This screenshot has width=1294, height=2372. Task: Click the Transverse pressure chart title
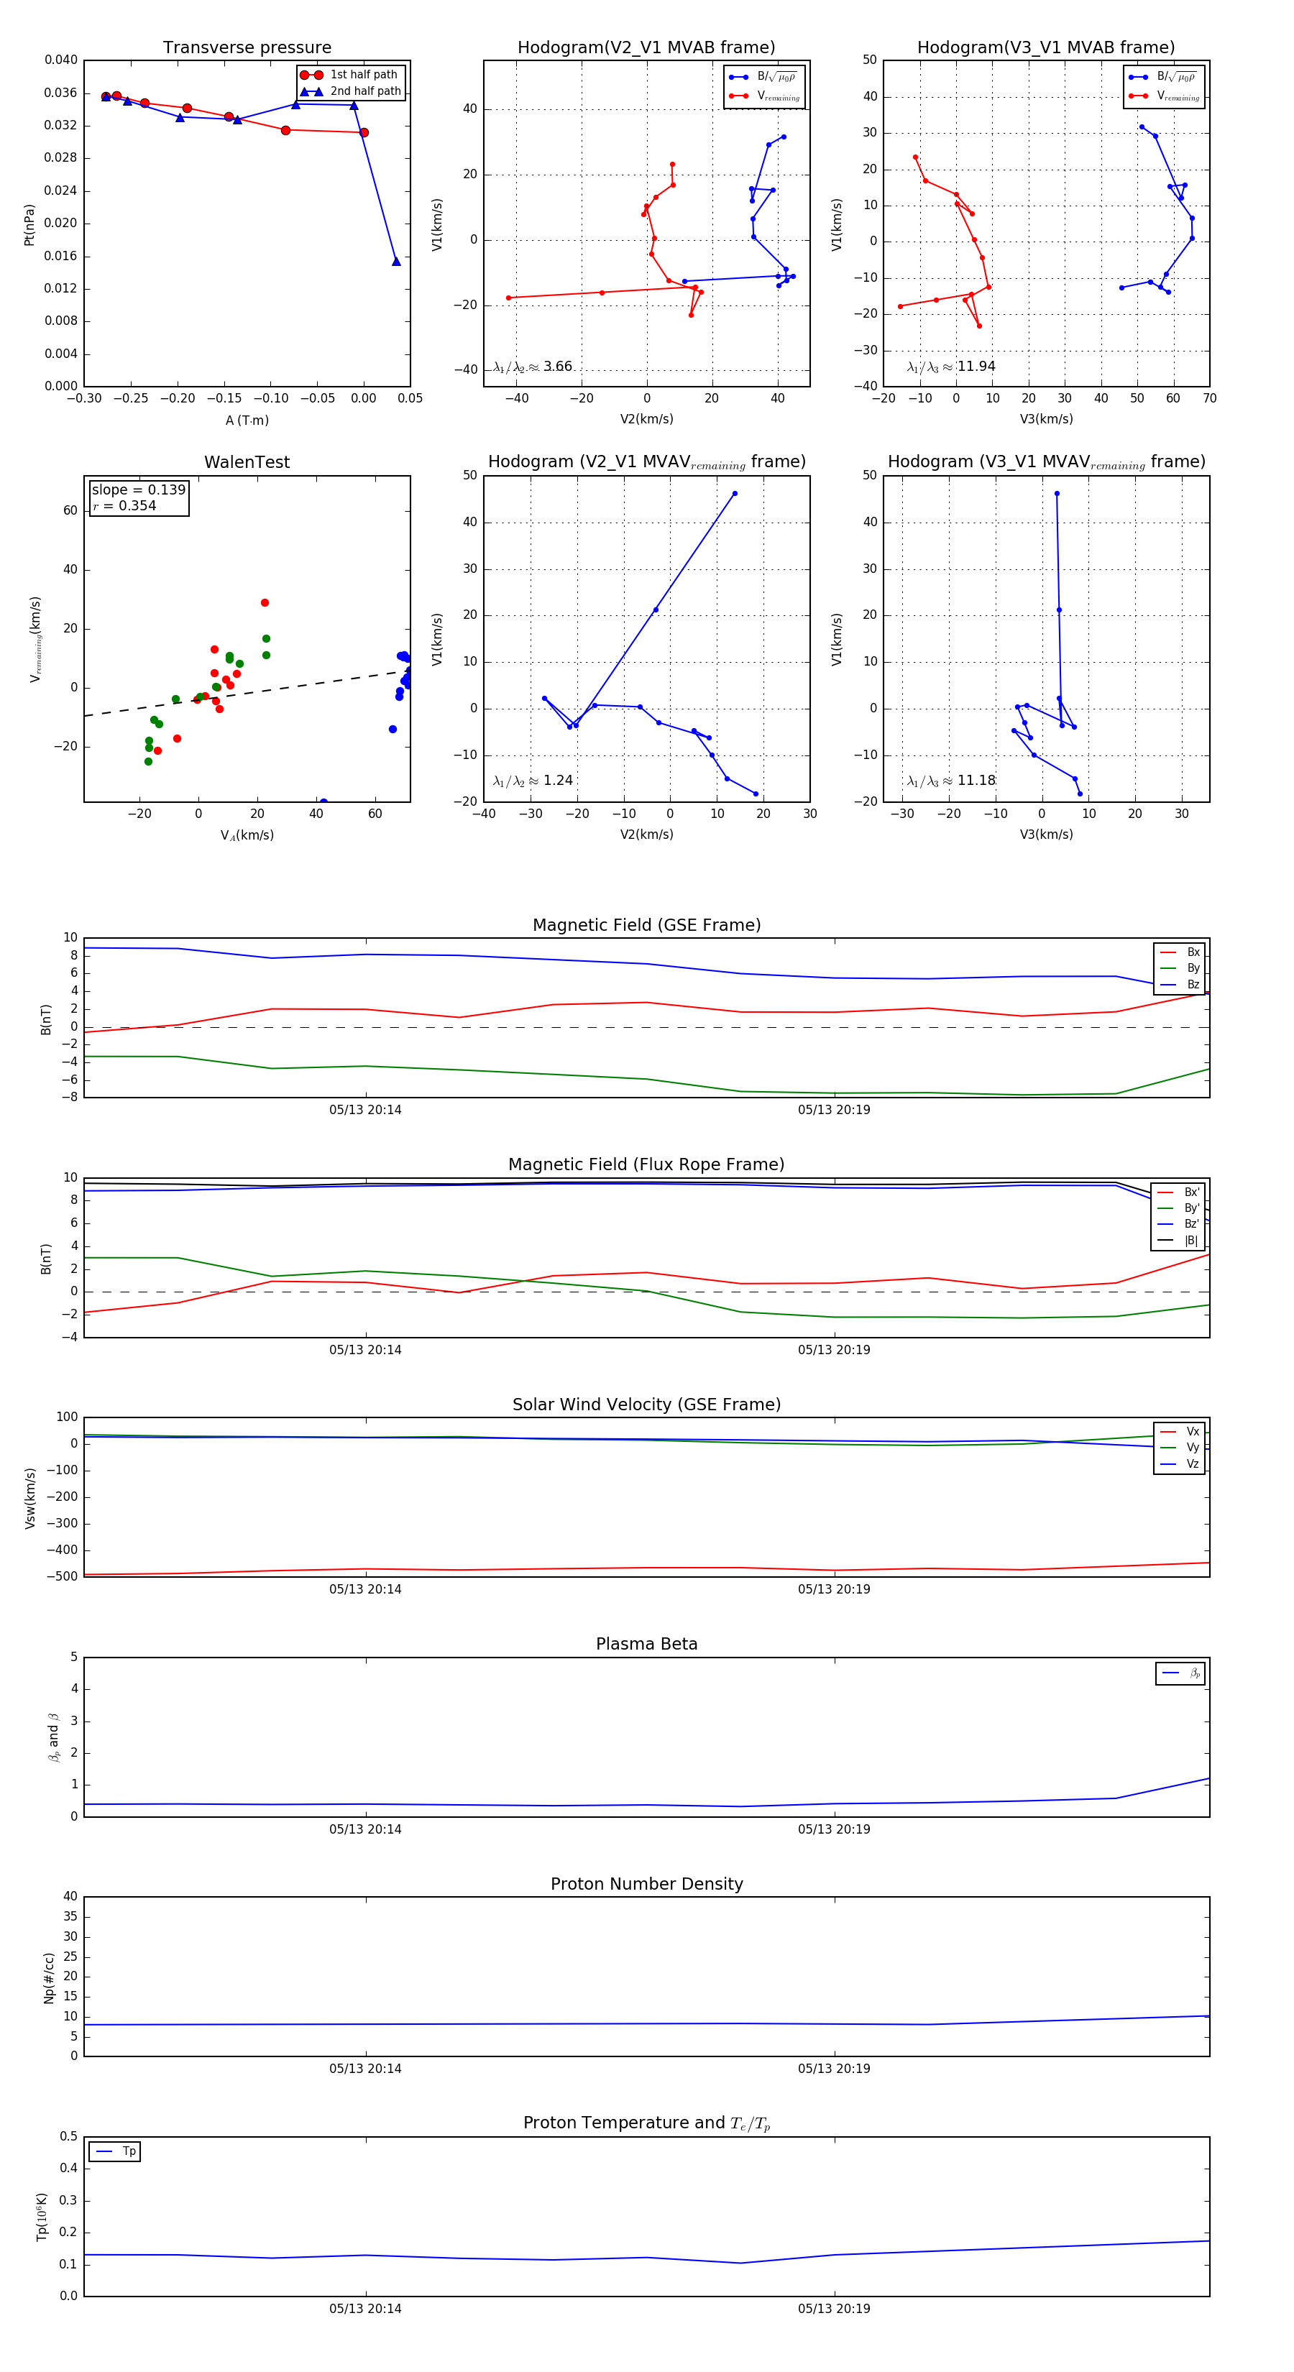point(247,48)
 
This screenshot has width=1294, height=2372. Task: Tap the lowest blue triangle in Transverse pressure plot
point(396,262)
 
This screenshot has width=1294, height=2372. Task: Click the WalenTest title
point(247,462)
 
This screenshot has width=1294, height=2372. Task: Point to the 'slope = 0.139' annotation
point(138,490)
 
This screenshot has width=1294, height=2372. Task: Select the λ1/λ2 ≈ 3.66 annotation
point(532,367)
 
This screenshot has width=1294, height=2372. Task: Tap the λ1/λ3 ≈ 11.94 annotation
point(950,367)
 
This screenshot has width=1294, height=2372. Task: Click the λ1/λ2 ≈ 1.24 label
point(532,781)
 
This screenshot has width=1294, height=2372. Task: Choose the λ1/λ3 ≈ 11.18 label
point(950,781)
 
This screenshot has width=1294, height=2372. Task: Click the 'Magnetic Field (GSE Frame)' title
point(646,925)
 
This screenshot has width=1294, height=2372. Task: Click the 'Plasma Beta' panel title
point(646,1645)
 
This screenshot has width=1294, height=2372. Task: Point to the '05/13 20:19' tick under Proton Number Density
point(833,2069)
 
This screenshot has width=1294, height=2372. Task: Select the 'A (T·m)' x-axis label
point(247,420)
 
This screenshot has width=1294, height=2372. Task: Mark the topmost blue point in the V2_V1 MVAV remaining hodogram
point(734,494)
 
